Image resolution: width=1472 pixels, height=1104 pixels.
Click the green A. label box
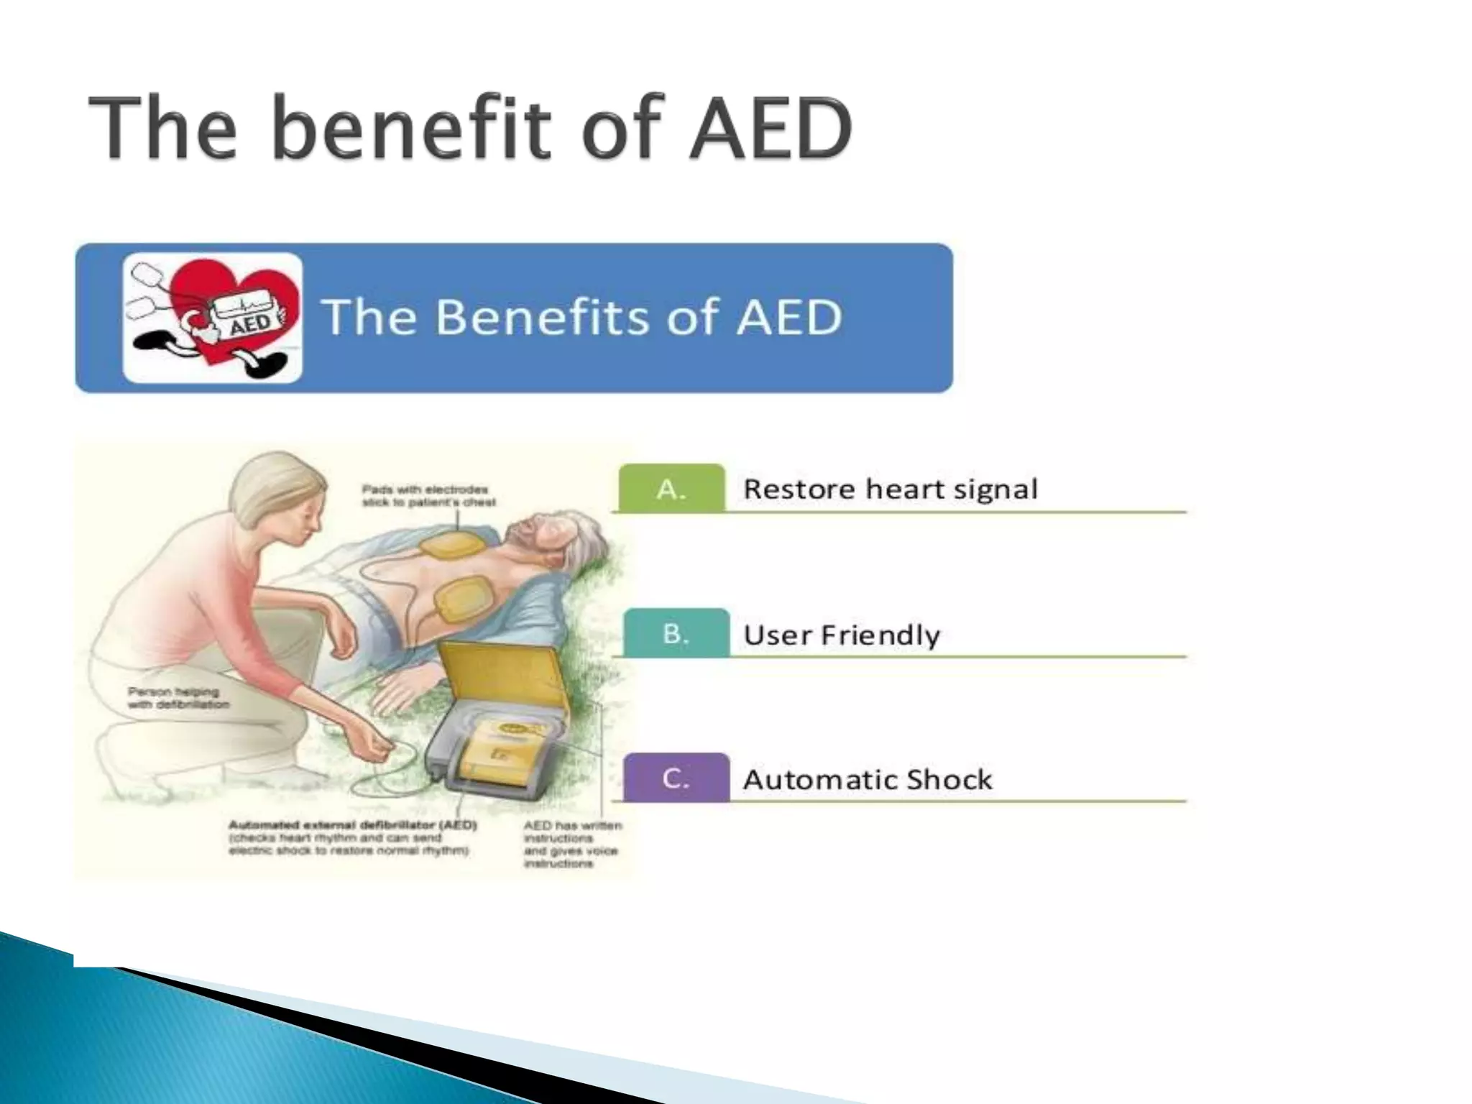pyautogui.click(x=671, y=488)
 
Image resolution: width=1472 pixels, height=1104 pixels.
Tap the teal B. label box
pyautogui.click(x=676, y=633)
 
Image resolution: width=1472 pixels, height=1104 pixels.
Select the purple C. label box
pyautogui.click(x=676, y=778)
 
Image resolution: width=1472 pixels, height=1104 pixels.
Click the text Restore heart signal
pyautogui.click(x=890, y=489)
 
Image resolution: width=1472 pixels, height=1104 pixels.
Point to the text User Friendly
pyautogui.click(x=841, y=635)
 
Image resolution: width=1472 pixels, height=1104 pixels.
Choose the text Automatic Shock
pyautogui.click(x=867, y=779)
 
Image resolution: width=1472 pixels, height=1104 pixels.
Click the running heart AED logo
pyautogui.click(x=213, y=318)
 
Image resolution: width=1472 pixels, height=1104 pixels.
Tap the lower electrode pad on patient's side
pyautogui.click(x=461, y=599)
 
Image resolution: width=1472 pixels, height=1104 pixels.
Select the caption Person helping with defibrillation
pyautogui.click(x=178, y=698)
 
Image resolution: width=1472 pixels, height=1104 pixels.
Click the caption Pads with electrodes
pyautogui.click(x=428, y=495)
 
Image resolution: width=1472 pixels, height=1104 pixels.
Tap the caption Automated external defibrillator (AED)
pyautogui.click(x=352, y=837)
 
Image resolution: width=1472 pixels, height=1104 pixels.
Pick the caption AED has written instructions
pyautogui.click(x=571, y=844)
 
